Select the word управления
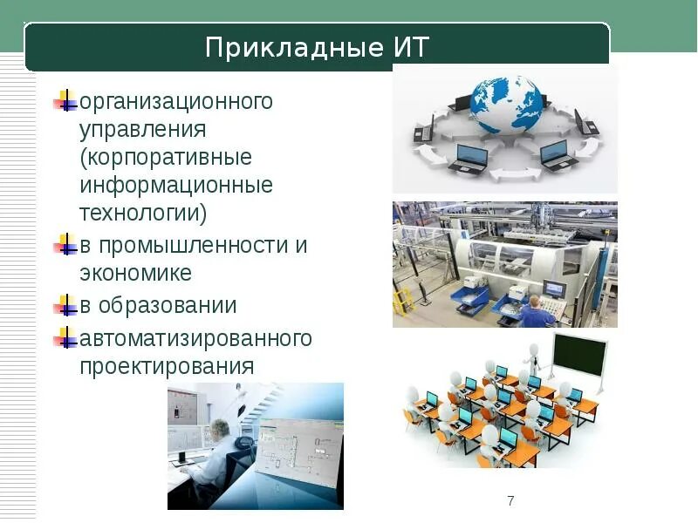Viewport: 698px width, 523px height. (x=142, y=130)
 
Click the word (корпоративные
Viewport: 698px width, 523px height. (x=165, y=158)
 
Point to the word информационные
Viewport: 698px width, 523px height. (x=175, y=186)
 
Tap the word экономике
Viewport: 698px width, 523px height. (x=135, y=273)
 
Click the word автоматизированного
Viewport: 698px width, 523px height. (x=195, y=337)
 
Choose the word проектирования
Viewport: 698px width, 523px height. (x=167, y=365)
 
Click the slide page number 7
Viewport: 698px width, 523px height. (x=510, y=500)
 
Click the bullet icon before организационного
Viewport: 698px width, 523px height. (x=65, y=101)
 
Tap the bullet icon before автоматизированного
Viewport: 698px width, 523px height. (x=65, y=337)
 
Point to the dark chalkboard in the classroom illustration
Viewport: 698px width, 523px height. (x=579, y=353)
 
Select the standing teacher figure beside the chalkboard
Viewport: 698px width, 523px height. (x=533, y=358)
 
